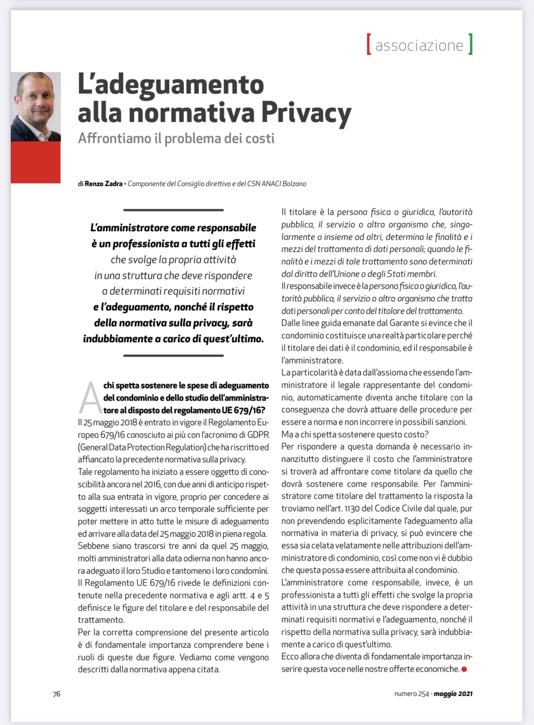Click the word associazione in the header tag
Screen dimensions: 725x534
tap(419, 45)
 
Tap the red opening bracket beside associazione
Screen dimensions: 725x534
tap(368, 44)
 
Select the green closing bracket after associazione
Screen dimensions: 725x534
tap(470, 44)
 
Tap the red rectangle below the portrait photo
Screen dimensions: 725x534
tap(36, 162)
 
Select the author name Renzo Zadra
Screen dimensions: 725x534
tap(103, 184)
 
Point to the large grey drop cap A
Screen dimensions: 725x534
tap(90, 397)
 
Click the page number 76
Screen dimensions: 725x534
tap(57, 694)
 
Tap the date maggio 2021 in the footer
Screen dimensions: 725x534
tap(453, 694)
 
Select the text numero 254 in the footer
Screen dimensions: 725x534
tap(411, 694)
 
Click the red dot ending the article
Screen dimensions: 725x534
tap(464, 669)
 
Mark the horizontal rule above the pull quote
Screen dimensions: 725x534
tap(173, 210)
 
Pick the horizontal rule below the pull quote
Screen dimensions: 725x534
tap(173, 356)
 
